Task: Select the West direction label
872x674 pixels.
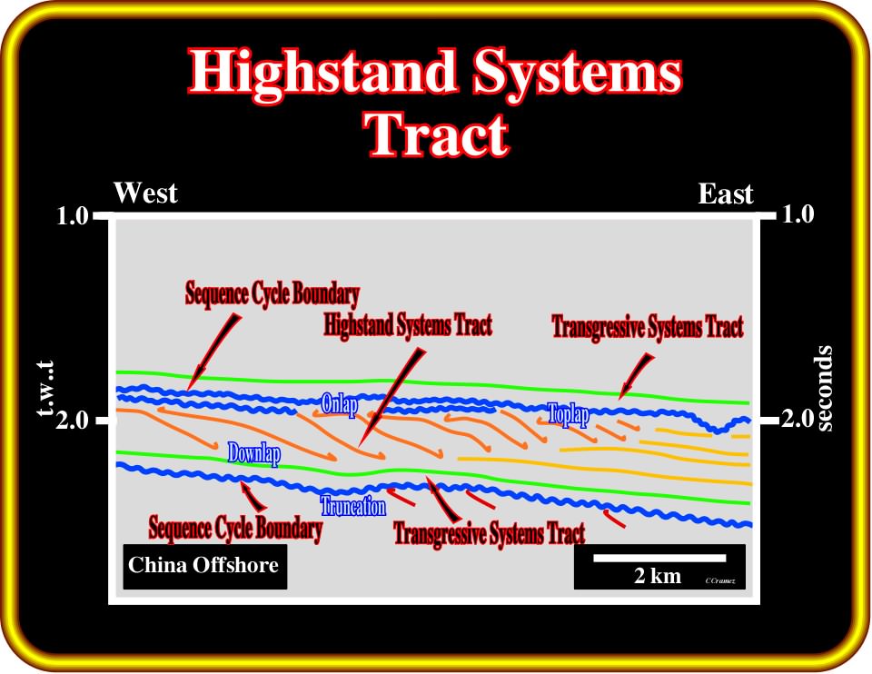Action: pos(145,193)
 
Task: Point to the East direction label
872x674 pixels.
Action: pos(725,194)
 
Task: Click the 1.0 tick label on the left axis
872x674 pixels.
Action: pos(73,215)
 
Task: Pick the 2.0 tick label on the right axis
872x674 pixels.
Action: pos(798,418)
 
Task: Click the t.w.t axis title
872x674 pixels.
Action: pos(45,388)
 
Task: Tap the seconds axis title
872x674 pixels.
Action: pos(826,388)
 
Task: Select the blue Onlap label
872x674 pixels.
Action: pos(339,404)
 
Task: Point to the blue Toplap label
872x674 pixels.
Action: pos(569,414)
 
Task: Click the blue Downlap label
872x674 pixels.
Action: pos(254,454)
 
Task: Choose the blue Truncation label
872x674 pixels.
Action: pos(353,506)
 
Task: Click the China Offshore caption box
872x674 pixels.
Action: pos(204,566)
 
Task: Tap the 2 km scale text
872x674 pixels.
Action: pos(658,576)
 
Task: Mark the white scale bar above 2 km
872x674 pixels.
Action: pos(659,558)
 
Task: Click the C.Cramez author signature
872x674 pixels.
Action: pos(720,580)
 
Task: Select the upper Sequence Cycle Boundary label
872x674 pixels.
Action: pos(272,293)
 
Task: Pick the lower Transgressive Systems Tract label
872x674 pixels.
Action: pos(490,534)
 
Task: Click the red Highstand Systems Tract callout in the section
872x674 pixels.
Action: pos(408,325)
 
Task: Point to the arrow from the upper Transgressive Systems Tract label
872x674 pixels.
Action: pos(636,376)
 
